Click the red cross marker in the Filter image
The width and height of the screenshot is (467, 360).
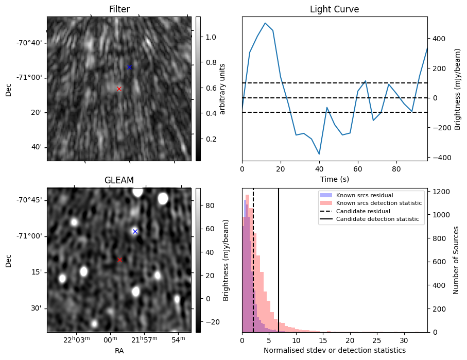(119, 89)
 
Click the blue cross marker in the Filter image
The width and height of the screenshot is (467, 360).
(129, 67)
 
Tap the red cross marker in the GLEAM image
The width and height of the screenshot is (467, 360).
(120, 260)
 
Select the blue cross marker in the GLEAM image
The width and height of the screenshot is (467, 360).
(135, 231)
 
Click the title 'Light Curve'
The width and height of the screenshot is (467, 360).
(334, 9)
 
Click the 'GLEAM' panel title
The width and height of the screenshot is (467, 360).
(119, 180)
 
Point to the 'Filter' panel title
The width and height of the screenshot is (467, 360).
(119, 9)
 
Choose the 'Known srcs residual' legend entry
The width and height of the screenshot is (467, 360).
(364, 195)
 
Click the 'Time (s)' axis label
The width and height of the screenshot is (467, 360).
(334, 178)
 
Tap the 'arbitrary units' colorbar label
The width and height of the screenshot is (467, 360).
(222, 89)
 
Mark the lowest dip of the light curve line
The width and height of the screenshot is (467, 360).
(319, 154)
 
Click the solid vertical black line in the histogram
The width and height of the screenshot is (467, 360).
(279, 258)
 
